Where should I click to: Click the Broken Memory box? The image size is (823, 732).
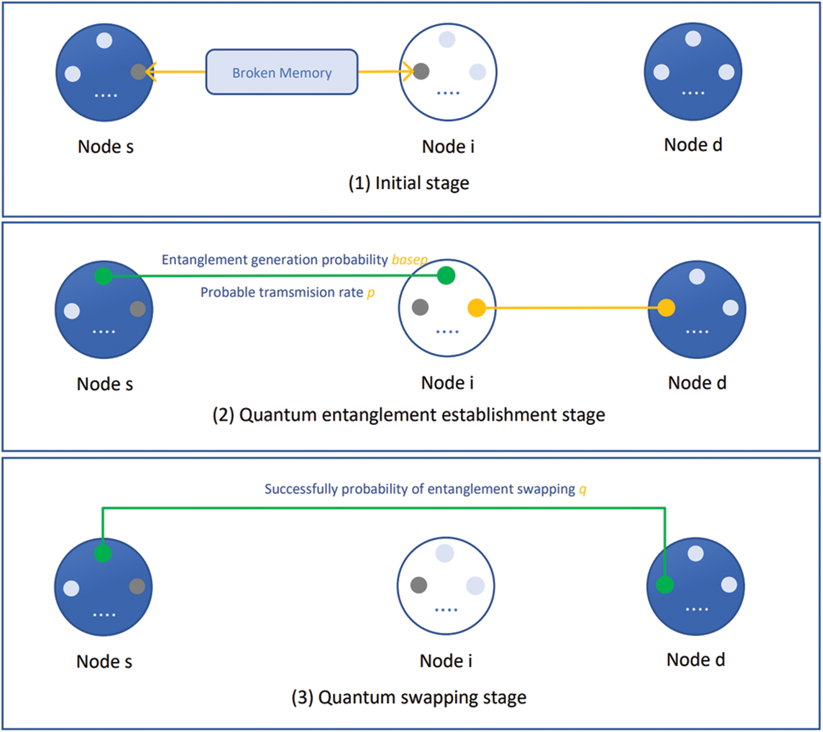[281, 72]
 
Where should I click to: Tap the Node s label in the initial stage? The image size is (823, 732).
[105, 147]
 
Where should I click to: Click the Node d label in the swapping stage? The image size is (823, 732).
[695, 660]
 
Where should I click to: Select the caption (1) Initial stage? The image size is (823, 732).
[409, 183]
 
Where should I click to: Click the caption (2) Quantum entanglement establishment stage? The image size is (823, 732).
[409, 415]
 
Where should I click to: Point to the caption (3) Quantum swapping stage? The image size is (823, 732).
[409, 697]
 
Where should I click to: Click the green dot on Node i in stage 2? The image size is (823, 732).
[446, 275]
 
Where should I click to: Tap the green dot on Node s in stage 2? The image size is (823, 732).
[103, 276]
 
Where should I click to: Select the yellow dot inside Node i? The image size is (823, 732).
[476, 308]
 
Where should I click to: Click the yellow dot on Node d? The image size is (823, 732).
[666, 308]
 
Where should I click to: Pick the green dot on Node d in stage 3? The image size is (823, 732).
[664, 585]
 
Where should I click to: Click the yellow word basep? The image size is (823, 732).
[409, 260]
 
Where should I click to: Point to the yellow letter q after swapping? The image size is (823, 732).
[583, 489]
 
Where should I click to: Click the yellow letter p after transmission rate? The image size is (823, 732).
[371, 293]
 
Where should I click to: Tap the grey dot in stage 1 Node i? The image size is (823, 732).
[421, 71]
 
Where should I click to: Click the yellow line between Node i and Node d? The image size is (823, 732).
[571, 308]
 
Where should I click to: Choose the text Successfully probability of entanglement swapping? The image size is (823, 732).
[420, 489]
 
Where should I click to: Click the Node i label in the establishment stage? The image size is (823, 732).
[447, 383]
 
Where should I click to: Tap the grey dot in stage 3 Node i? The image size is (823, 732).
[419, 585]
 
